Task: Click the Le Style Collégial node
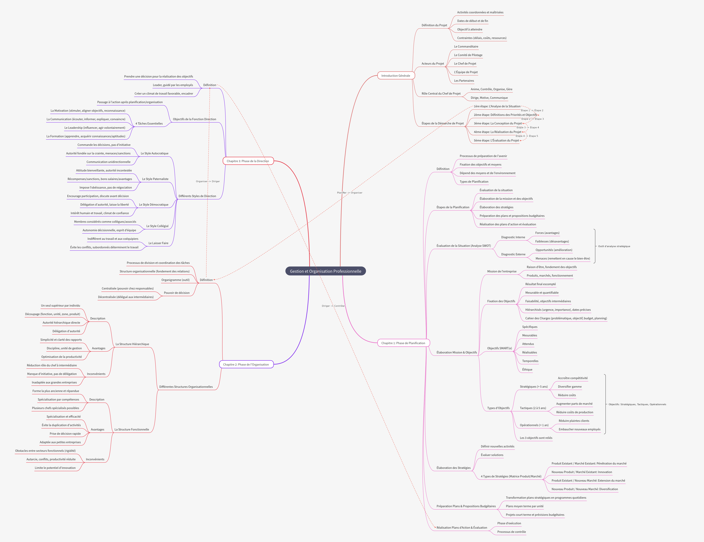pyautogui.click(x=157, y=226)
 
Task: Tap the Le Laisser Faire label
pyautogui.click(x=158, y=243)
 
